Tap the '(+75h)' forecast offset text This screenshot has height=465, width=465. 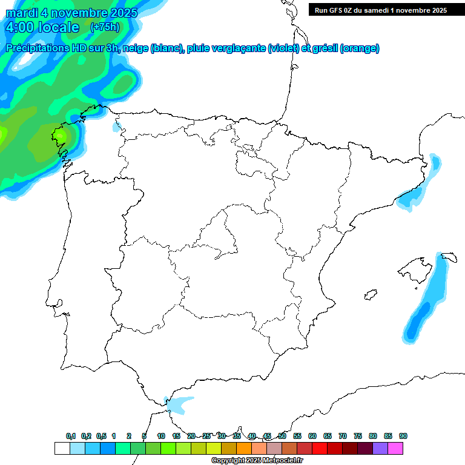(x=105, y=27)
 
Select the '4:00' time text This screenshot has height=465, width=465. (x=19, y=27)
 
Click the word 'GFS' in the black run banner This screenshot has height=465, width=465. (x=339, y=10)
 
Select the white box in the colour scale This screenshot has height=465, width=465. (x=62, y=448)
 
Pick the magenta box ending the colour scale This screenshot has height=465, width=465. (x=395, y=448)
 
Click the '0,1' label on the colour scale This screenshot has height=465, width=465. (x=71, y=437)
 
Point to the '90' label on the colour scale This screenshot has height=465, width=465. (x=403, y=437)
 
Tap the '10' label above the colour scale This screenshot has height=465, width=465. (x=161, y=437)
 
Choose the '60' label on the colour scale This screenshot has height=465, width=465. (x=312, y=437)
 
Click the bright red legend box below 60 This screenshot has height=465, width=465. (x=320, y=448)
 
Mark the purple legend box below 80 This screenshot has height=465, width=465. (x=380, y=448)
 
